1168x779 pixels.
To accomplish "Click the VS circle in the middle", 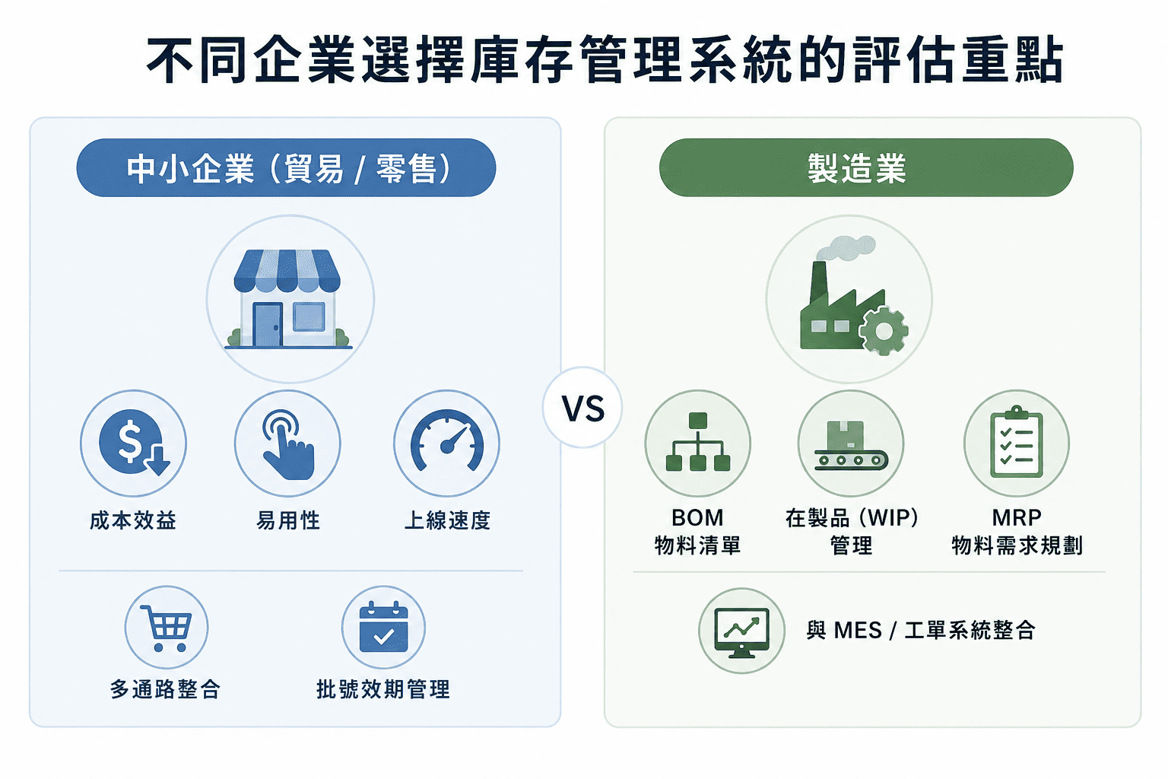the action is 582,407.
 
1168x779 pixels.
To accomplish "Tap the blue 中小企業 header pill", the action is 286,167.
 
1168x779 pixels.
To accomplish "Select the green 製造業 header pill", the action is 866,167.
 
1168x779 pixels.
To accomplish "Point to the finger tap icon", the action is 288,444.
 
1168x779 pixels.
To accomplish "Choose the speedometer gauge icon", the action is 447,440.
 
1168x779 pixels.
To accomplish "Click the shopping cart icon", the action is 167,628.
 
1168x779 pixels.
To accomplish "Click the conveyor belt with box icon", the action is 851,445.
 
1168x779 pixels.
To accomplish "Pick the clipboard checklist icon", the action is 1016,441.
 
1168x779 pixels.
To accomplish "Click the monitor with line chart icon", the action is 741,632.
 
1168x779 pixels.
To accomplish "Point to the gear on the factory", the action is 884,331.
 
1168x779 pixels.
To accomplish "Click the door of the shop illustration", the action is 268,325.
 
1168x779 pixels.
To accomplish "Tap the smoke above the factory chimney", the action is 845,248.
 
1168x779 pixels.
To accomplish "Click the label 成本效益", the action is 133,520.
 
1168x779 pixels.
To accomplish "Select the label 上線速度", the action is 447,520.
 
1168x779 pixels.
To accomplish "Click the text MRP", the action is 1016,517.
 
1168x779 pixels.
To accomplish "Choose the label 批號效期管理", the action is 383,689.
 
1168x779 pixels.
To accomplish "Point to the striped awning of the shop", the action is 287,270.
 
